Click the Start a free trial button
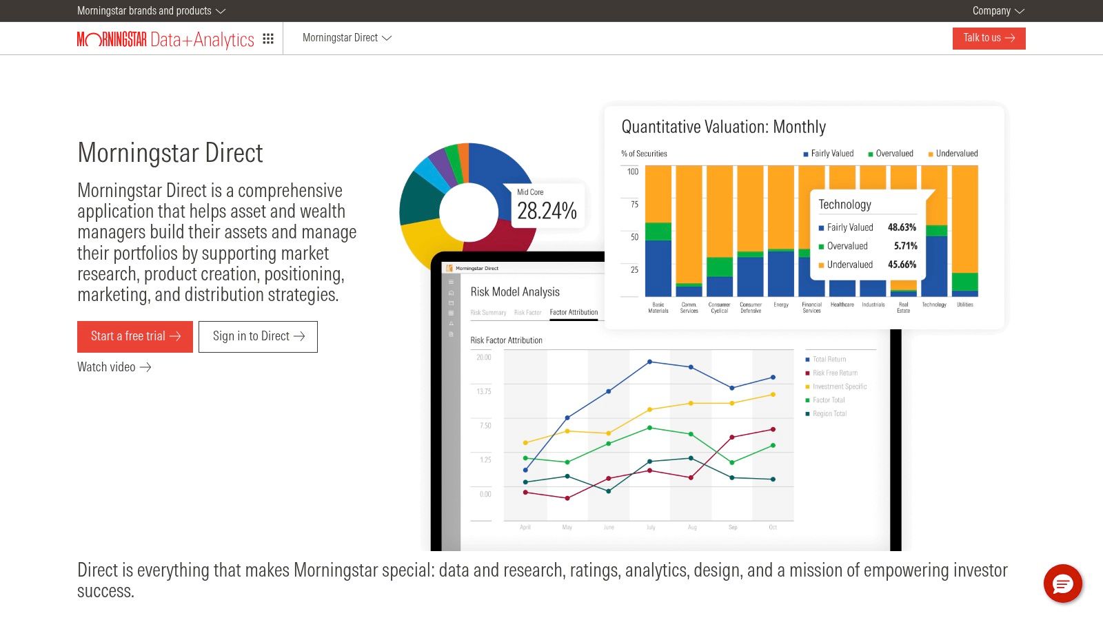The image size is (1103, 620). [135, 336]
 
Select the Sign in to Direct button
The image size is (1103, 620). [258, 336]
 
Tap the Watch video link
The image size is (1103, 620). [114, 367]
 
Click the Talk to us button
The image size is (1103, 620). [989, 38]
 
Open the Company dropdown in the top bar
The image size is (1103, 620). [998, 11]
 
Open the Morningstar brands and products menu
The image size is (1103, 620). [151, 11]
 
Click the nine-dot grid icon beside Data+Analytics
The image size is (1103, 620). [268, 39]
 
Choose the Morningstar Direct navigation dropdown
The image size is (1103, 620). [347, 38]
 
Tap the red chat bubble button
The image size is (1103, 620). [1062, 583]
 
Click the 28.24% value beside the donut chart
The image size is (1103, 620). [547, 211]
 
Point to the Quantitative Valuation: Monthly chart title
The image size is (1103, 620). [723, 127]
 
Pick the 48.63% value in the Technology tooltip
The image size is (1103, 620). [902, 227]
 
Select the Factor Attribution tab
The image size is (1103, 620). [574, 312]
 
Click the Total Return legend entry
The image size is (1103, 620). [829, 359]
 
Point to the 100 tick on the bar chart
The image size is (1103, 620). [633, 172]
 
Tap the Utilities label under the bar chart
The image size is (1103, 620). [964, 304]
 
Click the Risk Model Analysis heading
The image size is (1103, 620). [515, 291]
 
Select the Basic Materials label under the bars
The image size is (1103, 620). [658, 307]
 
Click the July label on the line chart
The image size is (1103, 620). [650, 527]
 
